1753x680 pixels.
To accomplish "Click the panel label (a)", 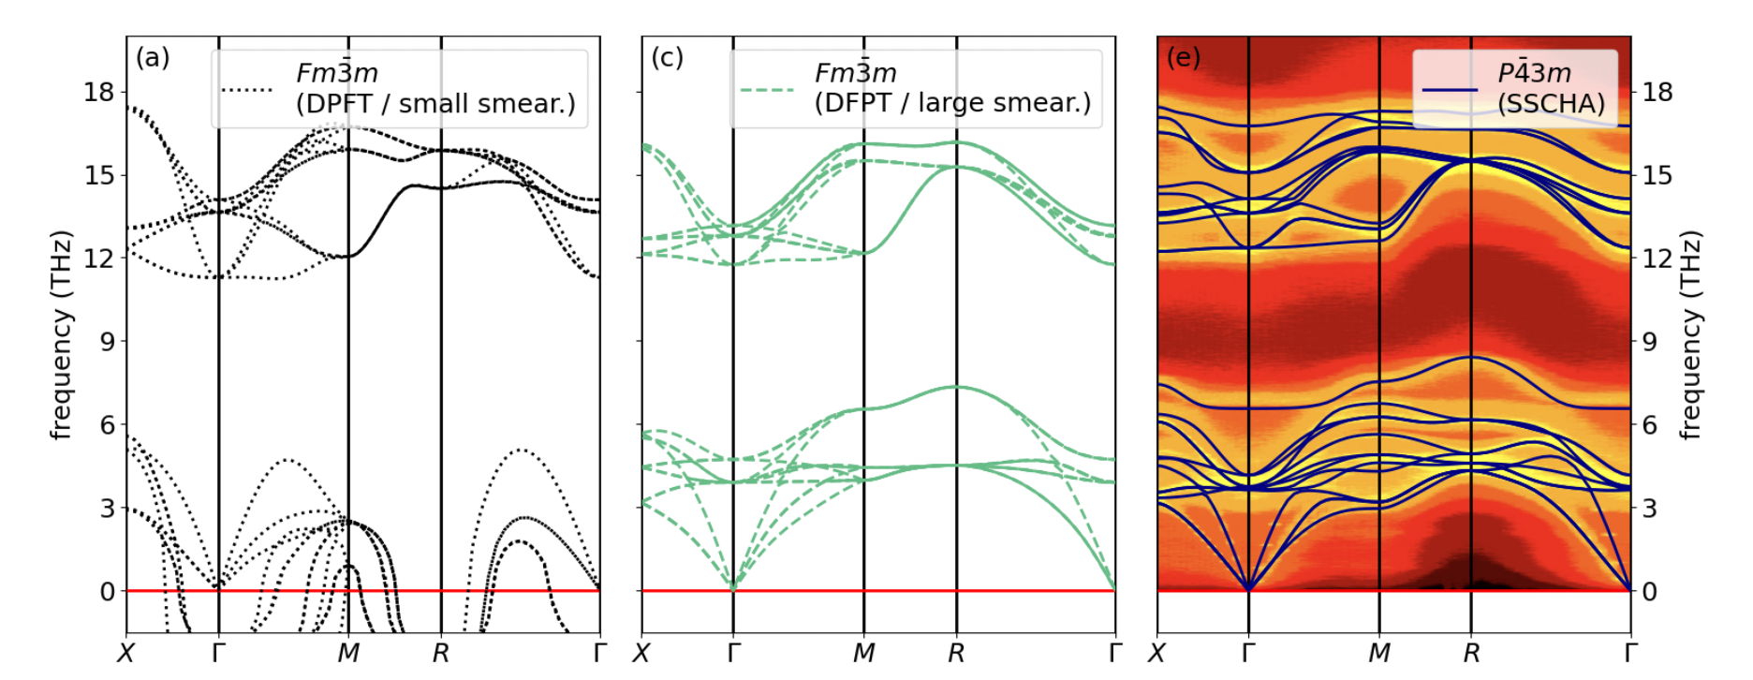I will (x=153, y=58).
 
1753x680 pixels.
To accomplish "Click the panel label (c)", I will (x=667, y=58).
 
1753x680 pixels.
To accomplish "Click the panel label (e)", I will (x=1183, y=58).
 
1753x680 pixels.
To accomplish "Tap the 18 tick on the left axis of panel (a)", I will (x=98, y=92).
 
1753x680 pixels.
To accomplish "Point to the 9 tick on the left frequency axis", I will (x=107, y=342).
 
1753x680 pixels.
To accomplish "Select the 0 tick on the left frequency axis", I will (x=107, y=592).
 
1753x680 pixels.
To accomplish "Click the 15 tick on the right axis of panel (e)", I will (x=1657, y=175).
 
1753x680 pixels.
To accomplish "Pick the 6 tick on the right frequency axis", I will (x=1650, y=425).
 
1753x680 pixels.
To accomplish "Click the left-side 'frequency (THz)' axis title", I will (x=62, y=334).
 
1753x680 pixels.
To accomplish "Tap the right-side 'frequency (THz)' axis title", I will (x=1690, y=334).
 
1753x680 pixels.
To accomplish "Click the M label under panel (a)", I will (x=348, y=653).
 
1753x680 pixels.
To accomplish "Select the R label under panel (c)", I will (x=956, y=653).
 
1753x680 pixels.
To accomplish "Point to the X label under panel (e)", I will (x=1157, y=653).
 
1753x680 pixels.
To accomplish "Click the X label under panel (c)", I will (x=641, y=653).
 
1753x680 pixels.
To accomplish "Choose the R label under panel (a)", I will (x=441, y=653).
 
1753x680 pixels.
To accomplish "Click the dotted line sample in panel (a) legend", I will (x=247, y=90).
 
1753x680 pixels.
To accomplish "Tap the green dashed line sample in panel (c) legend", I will (x=766, y=90).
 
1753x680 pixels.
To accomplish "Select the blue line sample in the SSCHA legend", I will (x=1450, y=90).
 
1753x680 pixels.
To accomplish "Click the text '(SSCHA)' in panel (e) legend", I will (x=1551, y=104).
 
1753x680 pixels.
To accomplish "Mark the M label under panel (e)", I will (x=1379, y=653).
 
